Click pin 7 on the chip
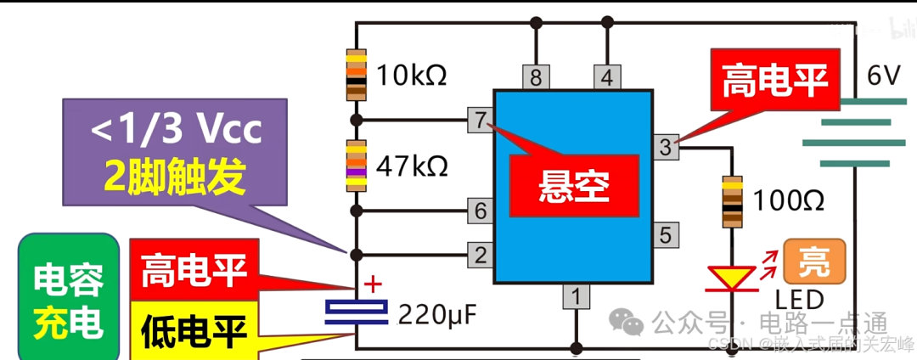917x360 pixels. [481, 121]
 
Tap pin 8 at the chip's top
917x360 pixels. [535, 77]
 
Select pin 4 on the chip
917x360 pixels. [605, 77]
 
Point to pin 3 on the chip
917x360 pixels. [666, 147]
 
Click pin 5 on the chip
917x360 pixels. [666, 234]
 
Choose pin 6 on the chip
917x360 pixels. [481, 210]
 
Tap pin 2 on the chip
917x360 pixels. [481, 253]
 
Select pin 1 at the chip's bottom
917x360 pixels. [576, 296]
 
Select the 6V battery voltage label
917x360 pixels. [883, 76]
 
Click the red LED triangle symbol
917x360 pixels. [731, 277]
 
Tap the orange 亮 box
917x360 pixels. [815, 262]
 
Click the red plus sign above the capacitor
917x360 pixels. [372, 284]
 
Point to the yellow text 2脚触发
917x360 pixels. [175, 176]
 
